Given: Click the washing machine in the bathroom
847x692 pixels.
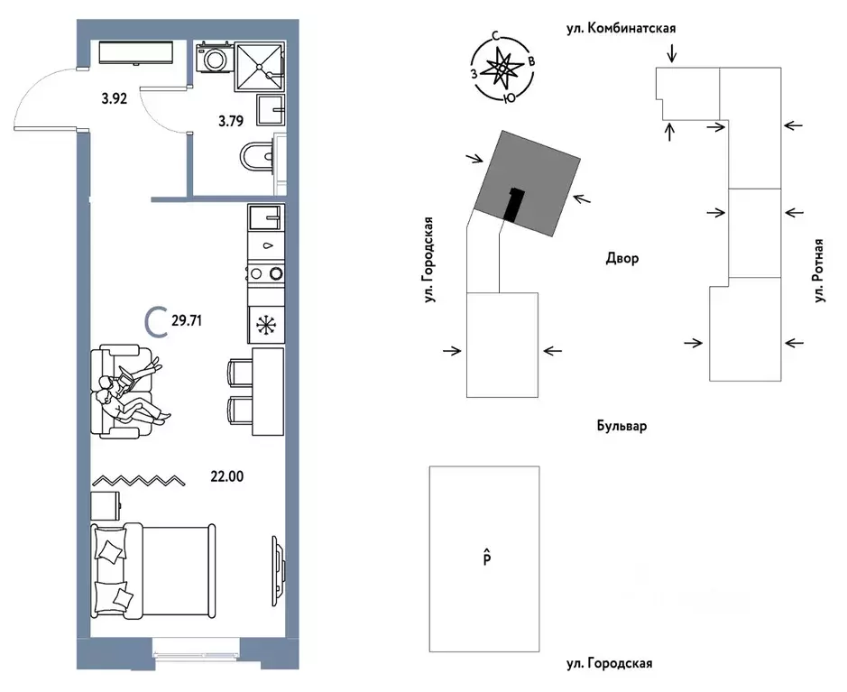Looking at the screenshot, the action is [215, 57].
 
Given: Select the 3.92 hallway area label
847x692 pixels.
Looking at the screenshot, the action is [115, 99].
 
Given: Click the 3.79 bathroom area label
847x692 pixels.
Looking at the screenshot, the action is [231, 121].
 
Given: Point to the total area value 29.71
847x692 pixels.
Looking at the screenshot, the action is [187, 321].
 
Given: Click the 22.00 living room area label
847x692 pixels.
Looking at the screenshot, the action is [227, 476].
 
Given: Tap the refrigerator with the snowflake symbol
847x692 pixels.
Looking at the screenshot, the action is [266, 325].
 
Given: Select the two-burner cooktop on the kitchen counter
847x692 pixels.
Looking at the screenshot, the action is [266, 273].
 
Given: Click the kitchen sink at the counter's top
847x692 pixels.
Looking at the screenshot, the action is [264, 217].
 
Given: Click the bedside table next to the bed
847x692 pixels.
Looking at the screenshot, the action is [106, 505].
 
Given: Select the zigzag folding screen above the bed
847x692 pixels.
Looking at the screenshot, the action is [138, 480].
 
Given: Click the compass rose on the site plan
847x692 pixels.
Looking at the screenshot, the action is [502, 68].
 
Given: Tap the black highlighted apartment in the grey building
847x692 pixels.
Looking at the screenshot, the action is [514, 204].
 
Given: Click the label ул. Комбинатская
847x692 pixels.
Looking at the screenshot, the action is [621, 28].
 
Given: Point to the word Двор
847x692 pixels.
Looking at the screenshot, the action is [621, 258].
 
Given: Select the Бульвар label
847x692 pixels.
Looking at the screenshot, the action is [621, 426].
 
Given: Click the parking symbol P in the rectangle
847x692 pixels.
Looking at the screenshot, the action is [487, 557].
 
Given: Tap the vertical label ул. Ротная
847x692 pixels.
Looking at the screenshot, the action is [820, 270].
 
